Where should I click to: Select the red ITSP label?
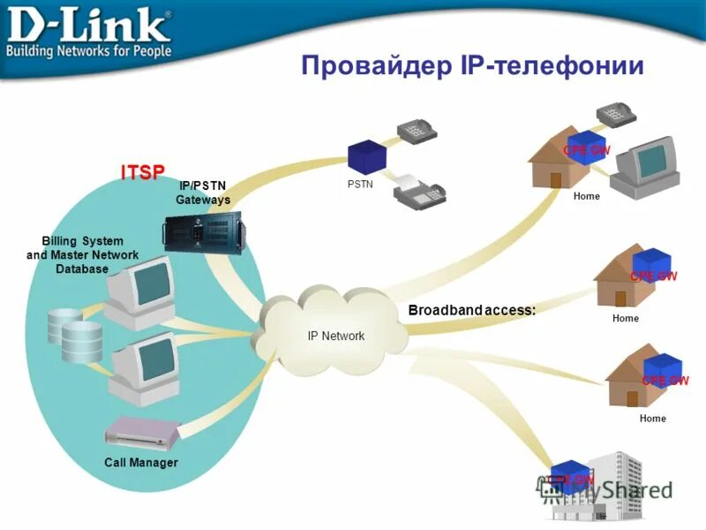(143, 171)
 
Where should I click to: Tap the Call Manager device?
(141, 433)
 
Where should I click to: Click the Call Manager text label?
(141, 463)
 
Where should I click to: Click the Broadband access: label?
(472, 310)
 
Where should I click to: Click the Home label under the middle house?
(625, 318)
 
